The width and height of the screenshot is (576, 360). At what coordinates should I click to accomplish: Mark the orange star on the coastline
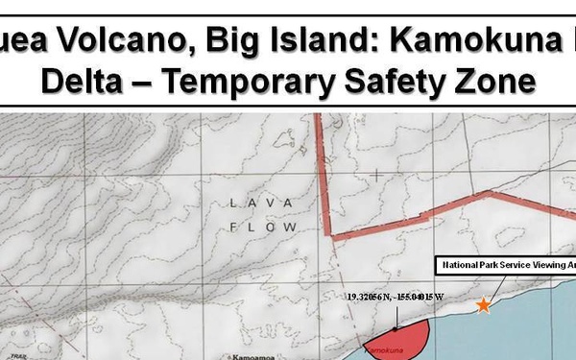tap(484, 306)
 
